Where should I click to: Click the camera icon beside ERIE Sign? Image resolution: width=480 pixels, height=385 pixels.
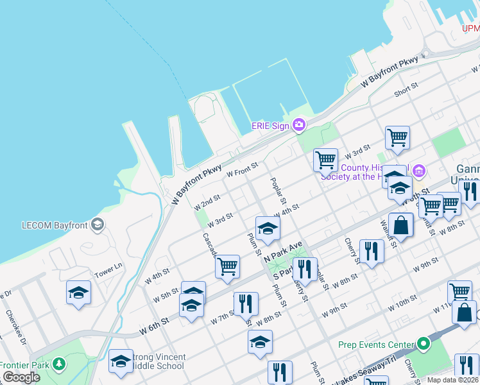[298, 125]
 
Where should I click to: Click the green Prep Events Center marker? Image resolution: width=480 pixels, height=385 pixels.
[423, 344]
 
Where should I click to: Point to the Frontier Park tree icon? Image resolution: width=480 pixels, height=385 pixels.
[59, 364]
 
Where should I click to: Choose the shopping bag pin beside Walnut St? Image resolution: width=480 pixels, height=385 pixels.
[400, 226]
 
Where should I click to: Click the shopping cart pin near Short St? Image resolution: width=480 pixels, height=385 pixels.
[397, 137]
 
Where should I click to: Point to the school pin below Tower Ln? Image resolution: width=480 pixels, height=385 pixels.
[79, 293]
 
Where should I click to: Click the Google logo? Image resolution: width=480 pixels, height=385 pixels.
[22, 377]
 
